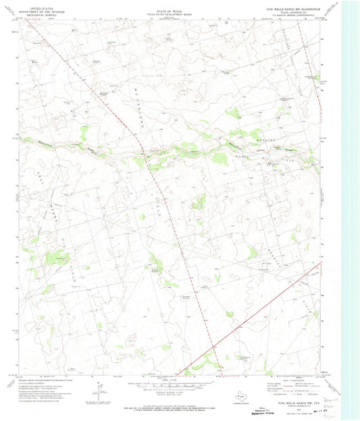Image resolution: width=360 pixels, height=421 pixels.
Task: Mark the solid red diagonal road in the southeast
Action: (x=270, y=303)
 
